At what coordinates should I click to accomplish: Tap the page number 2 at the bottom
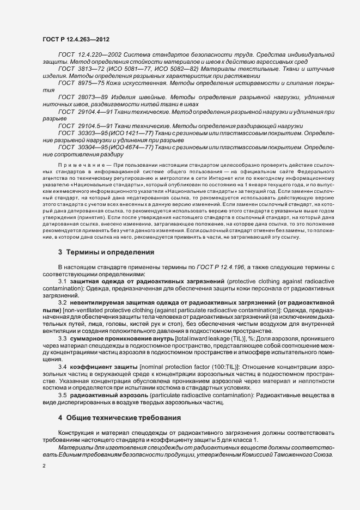tap(44, 466)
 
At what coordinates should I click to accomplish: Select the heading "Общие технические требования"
tap(124, 417)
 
